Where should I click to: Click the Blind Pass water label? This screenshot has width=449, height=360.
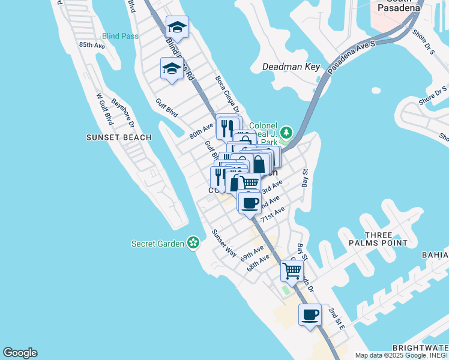point(120,36)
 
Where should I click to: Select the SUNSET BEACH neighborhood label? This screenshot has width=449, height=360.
point(119,137)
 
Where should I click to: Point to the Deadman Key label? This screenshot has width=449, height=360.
point(292,67)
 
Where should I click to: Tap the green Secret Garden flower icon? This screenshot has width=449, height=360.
point(193,243)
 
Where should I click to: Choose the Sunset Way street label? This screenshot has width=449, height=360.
point(223,243)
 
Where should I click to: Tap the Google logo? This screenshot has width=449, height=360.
point(20,353)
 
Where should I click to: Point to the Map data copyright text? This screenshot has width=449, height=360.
point(400,355)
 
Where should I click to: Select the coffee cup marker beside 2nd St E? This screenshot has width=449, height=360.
point(310,316)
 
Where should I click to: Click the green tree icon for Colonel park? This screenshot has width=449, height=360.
point(287,131)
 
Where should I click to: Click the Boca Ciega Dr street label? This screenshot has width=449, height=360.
point(228,94)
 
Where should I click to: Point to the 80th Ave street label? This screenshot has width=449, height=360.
point(202,131)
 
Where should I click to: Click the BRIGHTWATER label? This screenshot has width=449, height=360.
point(420,348)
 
